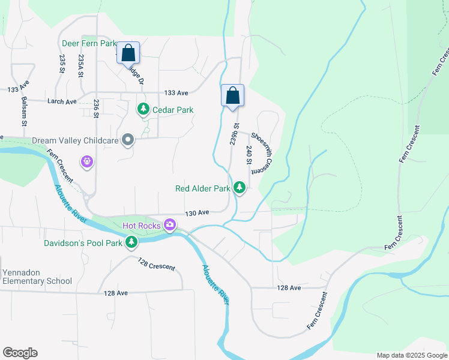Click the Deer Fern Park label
click(x=88, y=44)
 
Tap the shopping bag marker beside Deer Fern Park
click(x=128, y=53)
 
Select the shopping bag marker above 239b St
click(x=232, y=95)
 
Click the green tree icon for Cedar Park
click(x=143, y=109)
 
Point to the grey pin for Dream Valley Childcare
click(x=127, y=140)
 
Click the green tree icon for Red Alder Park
click(x=240, y=188)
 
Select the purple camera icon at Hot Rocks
click(x=170, y=225)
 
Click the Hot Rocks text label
click(x=141, y=226)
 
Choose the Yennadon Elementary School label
click(x=37, y=277)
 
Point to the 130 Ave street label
click(x=197, y=213)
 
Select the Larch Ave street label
click(x=62, y=101)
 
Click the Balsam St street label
click(x=24, y=111)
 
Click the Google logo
click(x=20, y=353)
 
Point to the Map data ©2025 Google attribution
click(x=411, y=355)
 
